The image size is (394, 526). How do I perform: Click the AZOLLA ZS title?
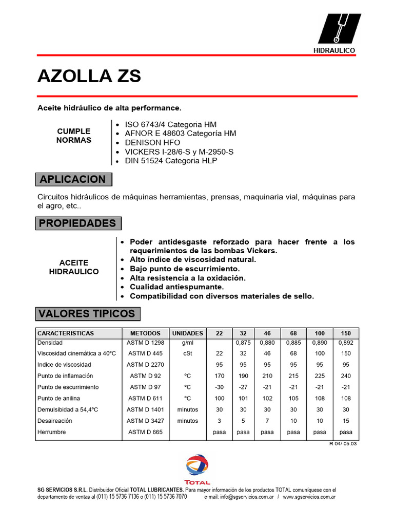[x=89, y=76]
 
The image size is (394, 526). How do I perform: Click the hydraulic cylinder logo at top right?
[x=339, y=29]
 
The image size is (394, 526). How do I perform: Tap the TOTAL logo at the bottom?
[x=198, y=469]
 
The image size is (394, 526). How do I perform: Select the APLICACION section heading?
[x=73, y=179]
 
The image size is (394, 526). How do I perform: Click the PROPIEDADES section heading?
[x=78, y=223]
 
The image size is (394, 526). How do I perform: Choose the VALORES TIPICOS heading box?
[x=87, y=313]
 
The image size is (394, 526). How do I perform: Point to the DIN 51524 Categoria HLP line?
[x=171, y=161]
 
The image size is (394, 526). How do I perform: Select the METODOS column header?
[x=145, y=333]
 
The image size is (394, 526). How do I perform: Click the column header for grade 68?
[x=293, y=333]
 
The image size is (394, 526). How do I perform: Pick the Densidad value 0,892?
[x=346, y=342]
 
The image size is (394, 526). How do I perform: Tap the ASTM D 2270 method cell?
[x=145, y=365]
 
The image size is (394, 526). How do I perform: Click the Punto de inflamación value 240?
[x=346, y=376]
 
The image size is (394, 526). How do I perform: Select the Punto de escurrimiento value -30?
[x=219, y=387]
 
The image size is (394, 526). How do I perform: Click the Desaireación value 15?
[x=346, y=421]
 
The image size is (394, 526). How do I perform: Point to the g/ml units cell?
[x=188, y=342]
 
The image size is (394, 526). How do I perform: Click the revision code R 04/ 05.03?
[x=343, y=444]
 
